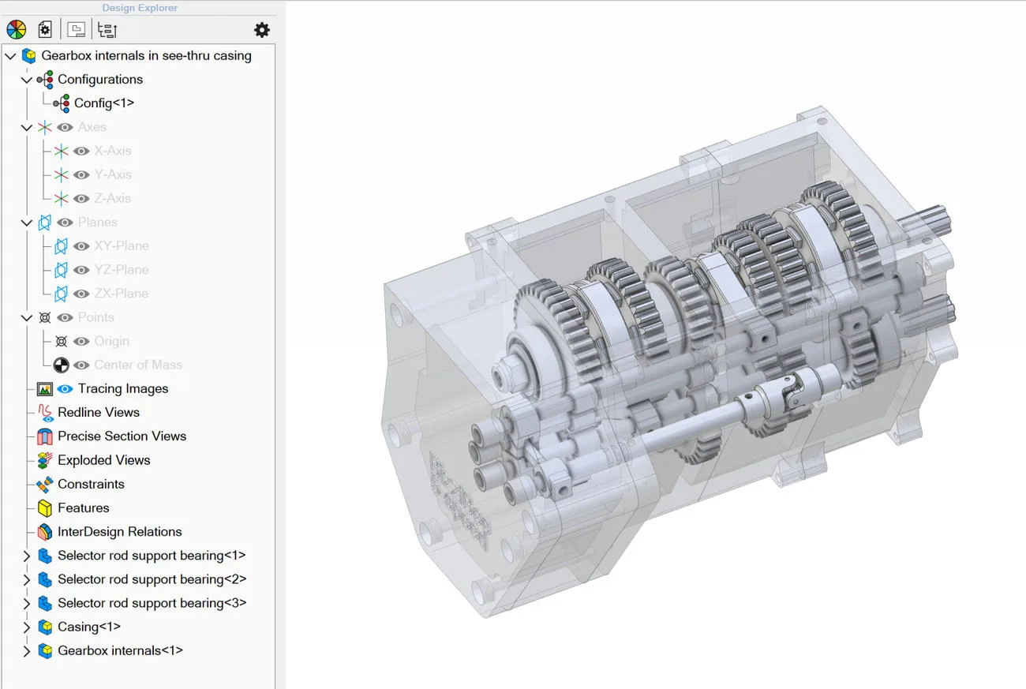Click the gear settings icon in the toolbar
[262, 30]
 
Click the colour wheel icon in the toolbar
[17, 30]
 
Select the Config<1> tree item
[104, 103]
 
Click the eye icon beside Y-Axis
[81, 174]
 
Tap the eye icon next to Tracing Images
[65, 389]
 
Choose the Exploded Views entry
[104, 460]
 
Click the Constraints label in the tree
[91, 484]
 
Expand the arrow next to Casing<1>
[27, 627]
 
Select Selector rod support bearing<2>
[152, 579]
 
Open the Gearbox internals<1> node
[120, 650]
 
